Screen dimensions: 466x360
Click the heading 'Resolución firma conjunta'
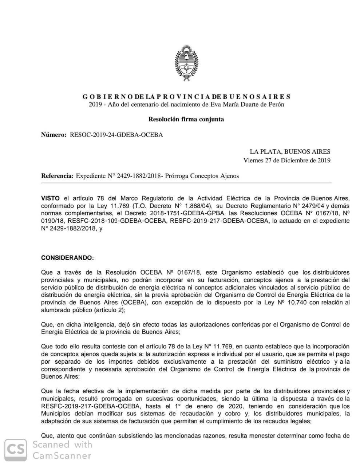point(186,119)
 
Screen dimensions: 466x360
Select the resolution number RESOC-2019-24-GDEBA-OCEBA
point(116,135)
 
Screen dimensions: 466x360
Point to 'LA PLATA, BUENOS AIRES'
point(290,151)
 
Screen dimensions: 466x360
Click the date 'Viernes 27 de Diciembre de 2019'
point(287,160)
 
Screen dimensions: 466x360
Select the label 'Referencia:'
point(57,176)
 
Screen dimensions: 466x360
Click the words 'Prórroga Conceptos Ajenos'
point(202,176)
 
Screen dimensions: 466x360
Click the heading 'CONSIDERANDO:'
point(67,258)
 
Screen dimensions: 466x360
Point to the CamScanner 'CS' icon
point(16,450)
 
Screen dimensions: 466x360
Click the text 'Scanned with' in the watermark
point(62,445)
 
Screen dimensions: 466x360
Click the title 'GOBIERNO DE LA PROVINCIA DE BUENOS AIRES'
point(186,97)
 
